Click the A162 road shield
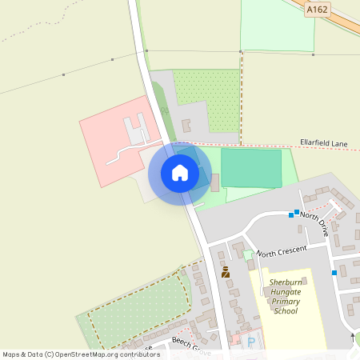pyautogui.click(x=318, y=10)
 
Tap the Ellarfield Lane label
pyautogui.click(x=324, y=143)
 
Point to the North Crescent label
pyautogui.click(x=282, y=250)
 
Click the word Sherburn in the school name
pyautogui.click(x=285, y=283)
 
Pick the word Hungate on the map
pyautogui.click(x=285, y=293)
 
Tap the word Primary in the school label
pyautogui.click(x=285, y=302)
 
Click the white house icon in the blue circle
pyautogui.click(x=180, y=173)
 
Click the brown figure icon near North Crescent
pyautogui.click(x=226, y=272)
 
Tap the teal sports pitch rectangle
pyautogui.click(x=251, y=168)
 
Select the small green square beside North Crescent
pyautogui.click(x=249, y=254)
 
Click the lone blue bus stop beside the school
pyautogui.click(x=334, y=273)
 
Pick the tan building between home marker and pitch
pyautogui.click(x=214, y=183)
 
